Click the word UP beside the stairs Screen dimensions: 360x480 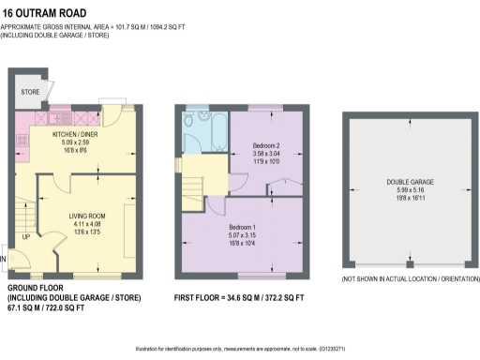pos(25,237)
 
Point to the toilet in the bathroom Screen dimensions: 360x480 pos(190,120)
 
